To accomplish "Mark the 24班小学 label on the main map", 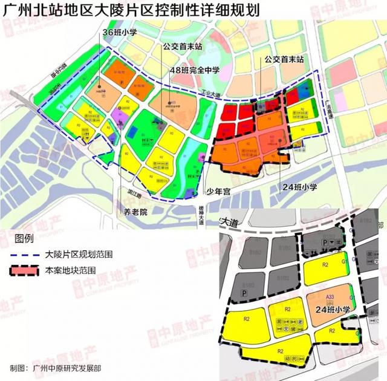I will (300, 187).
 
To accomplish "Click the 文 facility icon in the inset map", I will (288, 329).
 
